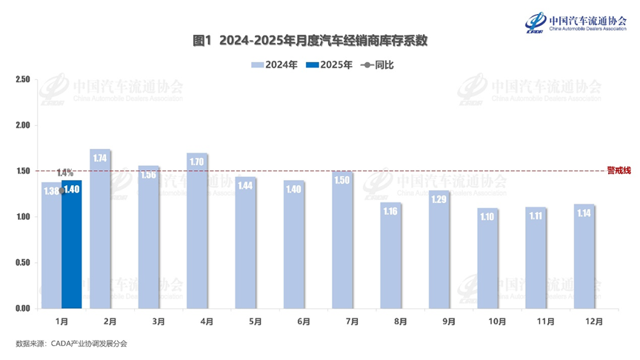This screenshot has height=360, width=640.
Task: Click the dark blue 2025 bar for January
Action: pos(71,244)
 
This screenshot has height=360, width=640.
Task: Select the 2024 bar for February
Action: pos(100,229)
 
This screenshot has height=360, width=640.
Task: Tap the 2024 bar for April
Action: pos(197,230)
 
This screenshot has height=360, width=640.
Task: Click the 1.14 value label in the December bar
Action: pos(584,214)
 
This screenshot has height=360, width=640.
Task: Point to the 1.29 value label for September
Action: pos(439,200)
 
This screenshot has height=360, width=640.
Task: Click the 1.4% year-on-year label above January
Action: pos(65,173)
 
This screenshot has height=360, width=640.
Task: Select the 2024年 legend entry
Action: pos(275,65)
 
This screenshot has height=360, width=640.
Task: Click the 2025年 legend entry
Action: pos(330,65)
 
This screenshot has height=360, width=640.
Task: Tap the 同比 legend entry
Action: pos(379,65)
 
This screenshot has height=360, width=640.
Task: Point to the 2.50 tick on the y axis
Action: pos(22,79)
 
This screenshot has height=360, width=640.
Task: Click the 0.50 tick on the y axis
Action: pos(22,263)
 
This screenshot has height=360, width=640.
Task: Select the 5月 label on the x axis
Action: pos(255,321)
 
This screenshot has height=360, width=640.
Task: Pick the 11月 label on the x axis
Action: pos(536,321)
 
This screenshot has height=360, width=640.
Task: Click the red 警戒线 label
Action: pos(619,170)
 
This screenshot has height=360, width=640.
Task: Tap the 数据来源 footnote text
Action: pos(71,344)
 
